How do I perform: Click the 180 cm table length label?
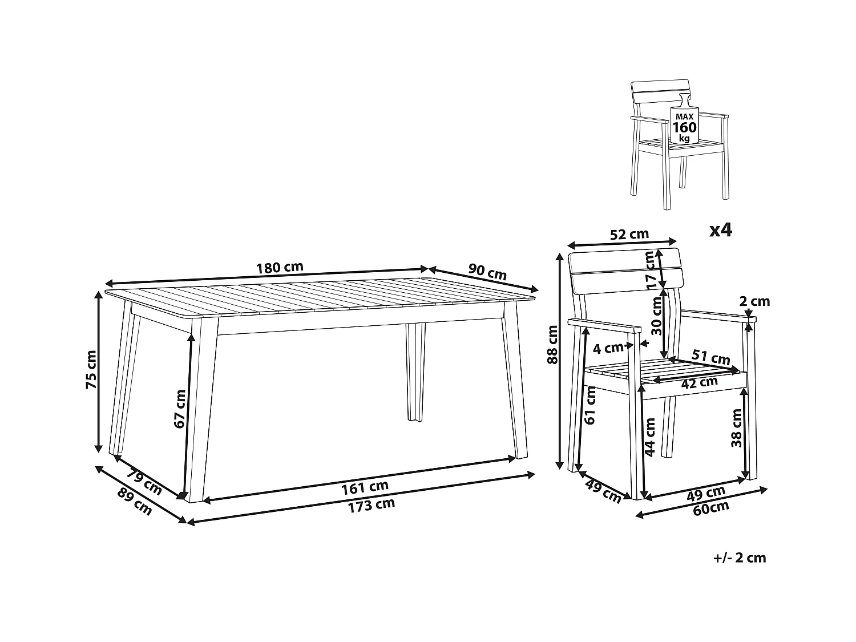click(279, 268)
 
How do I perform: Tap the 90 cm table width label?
click(487, 272)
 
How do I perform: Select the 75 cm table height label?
click(91, 370)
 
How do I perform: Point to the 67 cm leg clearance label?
click(180, 409)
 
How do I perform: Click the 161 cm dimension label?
click(365, 487)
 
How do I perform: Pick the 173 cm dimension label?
click(372, 505)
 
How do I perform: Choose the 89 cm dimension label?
click(134, 502)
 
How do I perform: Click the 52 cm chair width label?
click(629, 234)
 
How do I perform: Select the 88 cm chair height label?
click(552, 345)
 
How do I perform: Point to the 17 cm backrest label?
click(649, 270)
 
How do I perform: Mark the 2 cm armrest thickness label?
click(754, 301)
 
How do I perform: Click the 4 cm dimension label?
click(608, 348)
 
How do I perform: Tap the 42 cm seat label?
click(699, 383)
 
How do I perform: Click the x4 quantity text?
click(721, 231)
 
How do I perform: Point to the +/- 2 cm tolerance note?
click(740, 558)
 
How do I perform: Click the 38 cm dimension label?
click(737, 427)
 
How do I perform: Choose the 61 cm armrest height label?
click(590, 405)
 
